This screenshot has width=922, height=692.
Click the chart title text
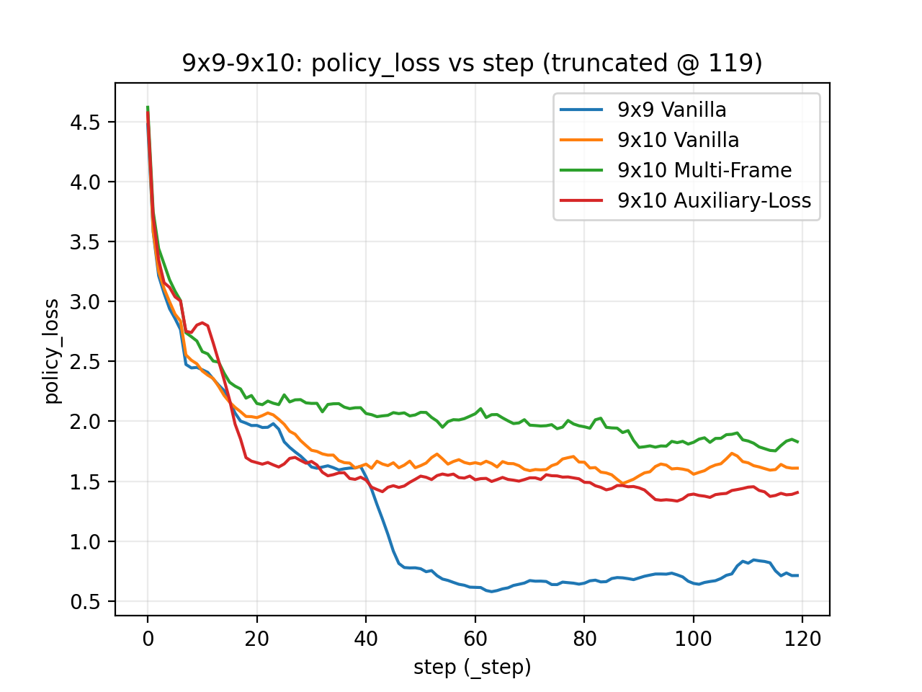[472, 63]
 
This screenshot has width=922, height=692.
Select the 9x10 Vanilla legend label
[678, 140]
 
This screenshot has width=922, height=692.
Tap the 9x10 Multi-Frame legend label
[704, 170]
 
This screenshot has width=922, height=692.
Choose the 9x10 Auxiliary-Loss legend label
[714, 200]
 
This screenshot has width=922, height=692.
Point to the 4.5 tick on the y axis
[85, 123]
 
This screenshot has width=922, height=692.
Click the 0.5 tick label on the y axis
[85, 602]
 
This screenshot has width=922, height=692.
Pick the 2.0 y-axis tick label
[85, 422]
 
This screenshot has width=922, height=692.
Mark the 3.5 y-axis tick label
[85, 242]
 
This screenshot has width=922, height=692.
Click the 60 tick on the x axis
[475, 639]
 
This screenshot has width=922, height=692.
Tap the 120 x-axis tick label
[802, 639]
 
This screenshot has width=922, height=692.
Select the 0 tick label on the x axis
[148, 639]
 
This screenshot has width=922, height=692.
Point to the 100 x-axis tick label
[693, 639]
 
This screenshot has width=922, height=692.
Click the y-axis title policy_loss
[52, 351]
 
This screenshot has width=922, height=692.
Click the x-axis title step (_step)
[472, 667]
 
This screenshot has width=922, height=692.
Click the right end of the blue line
[797, 575]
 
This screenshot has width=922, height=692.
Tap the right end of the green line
[797, 442]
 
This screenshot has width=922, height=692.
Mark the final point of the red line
[797, 492]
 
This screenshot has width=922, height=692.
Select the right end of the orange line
[797, 468]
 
